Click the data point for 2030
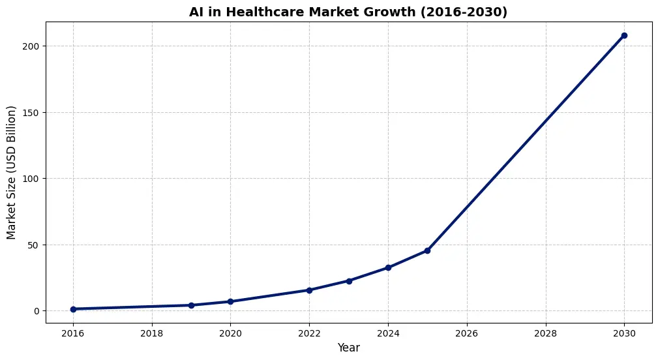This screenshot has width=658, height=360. point(624,35)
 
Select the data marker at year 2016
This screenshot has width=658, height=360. point(73,309)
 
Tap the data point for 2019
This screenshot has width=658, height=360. point(191,305)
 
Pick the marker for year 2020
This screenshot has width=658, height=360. point(230,301)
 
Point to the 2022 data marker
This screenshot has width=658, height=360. point(309,290)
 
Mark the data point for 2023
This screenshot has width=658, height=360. point(349,281)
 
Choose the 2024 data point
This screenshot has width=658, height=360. point(388,267)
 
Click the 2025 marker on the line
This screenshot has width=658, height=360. point(427,250)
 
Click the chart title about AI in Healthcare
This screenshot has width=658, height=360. point(348,12)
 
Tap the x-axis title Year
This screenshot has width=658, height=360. point(348,348)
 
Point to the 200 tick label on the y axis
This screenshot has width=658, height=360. point(31,46)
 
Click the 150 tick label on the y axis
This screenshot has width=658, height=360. point(31,113)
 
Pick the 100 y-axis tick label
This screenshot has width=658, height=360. point(31,179)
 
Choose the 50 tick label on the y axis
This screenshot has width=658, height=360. point(34,245)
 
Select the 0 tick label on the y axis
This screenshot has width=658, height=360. point(37,311)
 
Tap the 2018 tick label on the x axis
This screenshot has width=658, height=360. point(152,333)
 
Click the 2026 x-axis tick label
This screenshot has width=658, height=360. point(467,333)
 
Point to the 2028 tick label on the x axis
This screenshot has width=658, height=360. point(545,333)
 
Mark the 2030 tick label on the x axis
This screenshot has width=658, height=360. point(624,333)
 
